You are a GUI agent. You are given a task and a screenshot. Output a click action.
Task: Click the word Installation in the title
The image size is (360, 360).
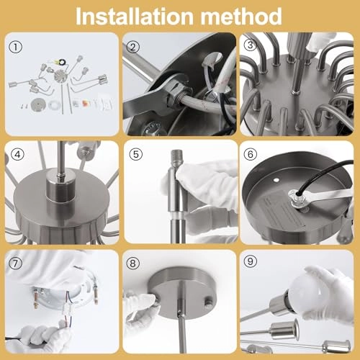(135, 17)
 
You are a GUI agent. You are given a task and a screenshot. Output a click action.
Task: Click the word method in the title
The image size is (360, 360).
(241, 17)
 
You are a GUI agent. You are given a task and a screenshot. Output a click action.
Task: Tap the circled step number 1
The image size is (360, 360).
(16, 47)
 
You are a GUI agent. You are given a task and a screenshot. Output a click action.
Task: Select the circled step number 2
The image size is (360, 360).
(132, 47)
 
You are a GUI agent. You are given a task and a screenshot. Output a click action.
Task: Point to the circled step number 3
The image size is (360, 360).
(251, 45)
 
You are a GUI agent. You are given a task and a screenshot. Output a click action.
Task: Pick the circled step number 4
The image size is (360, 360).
(17, 154)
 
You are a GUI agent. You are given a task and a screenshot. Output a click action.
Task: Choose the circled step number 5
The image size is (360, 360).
(136, 154)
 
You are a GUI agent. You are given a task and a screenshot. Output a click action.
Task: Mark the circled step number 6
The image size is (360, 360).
(251, 154)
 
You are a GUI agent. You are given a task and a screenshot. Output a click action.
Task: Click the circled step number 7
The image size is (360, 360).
(15, 264)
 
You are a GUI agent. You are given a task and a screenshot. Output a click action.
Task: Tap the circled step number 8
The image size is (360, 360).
(132, 264)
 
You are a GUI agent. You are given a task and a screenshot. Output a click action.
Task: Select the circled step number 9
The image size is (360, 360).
(251, 261)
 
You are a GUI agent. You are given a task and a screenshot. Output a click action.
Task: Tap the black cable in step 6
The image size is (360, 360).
(323, 175)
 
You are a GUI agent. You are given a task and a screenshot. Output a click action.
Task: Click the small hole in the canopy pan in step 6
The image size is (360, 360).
(277, 179)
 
